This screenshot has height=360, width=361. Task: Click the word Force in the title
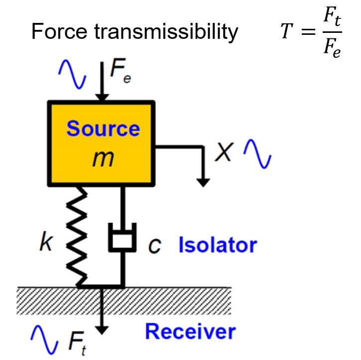click(x=59, y=31)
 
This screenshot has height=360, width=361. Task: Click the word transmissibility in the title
click(x=166, y=32)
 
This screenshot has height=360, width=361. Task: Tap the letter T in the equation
click(x=287, y=31)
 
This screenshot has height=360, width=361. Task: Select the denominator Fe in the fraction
click(x=332, y=48)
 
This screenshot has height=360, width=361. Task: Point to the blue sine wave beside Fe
click(x=72, y=74)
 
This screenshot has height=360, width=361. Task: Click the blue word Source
click(x=103, y=128)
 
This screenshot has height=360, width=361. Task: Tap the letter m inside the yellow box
click(x=103, y=159)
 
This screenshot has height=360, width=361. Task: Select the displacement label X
click(x=224, y=152)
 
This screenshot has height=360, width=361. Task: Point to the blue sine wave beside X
click(x=257, y=154)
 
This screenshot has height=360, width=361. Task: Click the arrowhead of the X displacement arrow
click(x=203, y=183)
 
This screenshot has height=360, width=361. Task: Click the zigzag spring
click(x=77, y=237)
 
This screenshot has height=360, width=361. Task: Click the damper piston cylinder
click(x=122, y=237)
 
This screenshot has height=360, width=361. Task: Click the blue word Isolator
click(x=218, y=244)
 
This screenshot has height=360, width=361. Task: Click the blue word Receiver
click(x=190, y=332)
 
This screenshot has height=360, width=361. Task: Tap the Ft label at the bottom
click(x=77, y=343)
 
